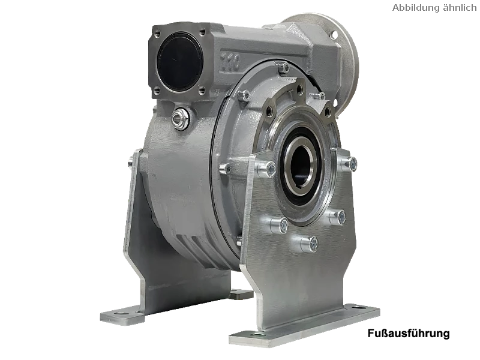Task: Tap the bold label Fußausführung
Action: [x=409, y=333]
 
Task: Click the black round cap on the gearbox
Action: [x=180, y=63]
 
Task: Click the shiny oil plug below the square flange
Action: [x=179, y=118]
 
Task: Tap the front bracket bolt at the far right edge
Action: [x=350, y=164]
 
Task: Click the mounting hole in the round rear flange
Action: [x=334, y=34]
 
